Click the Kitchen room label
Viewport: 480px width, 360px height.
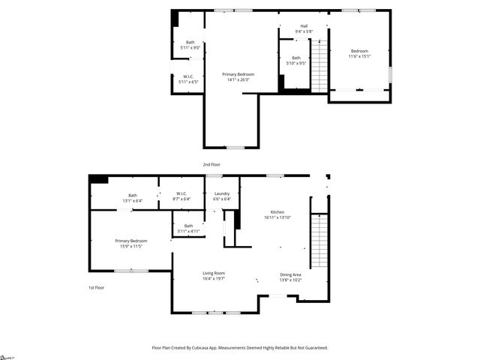(x=277, y=215)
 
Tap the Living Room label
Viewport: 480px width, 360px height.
(x=214, y=275)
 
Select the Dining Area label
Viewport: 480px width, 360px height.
(x=290, y=277)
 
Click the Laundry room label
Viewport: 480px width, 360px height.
(x=221, y=196)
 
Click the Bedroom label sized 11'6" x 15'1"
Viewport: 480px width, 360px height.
(x=359, y=53)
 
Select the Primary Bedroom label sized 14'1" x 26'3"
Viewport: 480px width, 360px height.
(x=238, y=76)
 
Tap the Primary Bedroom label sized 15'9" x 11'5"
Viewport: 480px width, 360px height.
(x=131, y=243)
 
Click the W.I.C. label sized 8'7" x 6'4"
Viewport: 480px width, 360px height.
(x=181, y=196)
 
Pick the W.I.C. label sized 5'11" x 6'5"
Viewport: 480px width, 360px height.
(x=190, y=79)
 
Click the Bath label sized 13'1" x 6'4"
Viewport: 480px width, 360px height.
(x=133, y=198)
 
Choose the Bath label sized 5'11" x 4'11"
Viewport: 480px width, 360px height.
(x=188, y=229)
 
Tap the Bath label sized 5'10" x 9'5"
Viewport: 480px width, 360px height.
(x=296, y=61)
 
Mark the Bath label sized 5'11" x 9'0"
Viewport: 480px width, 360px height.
(x=190, y=45)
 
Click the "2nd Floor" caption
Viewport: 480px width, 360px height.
(x=211, y=163)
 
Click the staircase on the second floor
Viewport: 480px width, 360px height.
(x=319, y=66)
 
